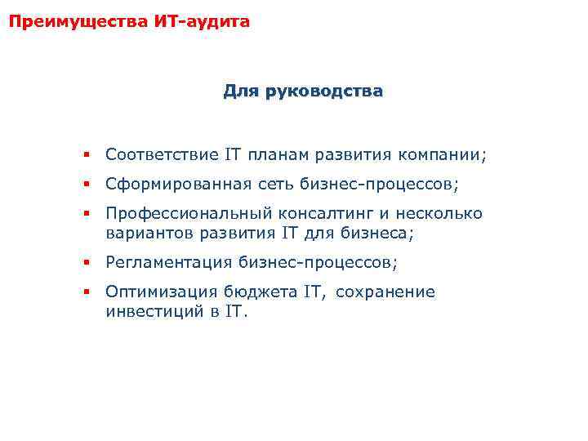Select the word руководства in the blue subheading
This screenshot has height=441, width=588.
[x=322, y=92]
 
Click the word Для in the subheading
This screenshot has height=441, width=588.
[x=240, y=92]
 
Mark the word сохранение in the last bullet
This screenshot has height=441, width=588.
[x=385, y=292]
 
